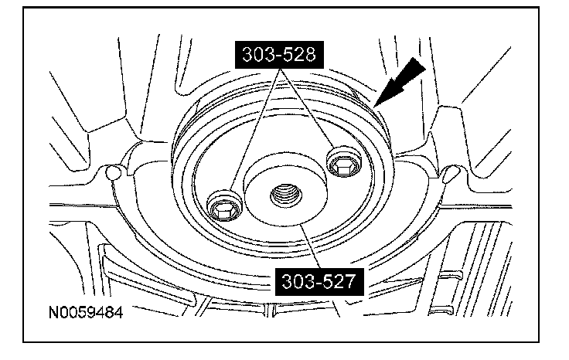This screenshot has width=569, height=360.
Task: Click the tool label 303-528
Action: [279, 54]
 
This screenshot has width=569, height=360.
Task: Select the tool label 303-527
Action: [319, 282]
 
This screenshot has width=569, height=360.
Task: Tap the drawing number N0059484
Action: [86, 312]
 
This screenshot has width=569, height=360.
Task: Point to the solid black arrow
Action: [399, 83]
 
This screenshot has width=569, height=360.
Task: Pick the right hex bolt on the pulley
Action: [343, 161]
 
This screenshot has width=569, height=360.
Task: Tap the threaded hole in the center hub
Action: [286, 196]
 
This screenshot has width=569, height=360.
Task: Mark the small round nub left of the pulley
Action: [114, 172]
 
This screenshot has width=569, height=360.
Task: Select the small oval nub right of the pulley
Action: [451, 173]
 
